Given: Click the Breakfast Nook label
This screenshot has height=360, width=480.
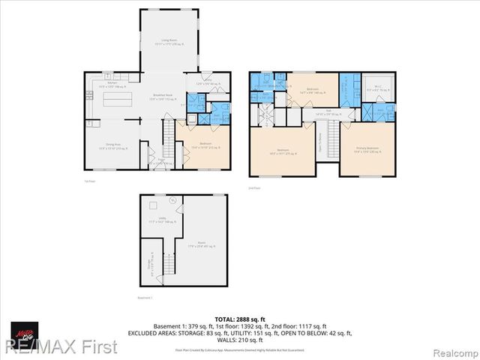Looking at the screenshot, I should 163,97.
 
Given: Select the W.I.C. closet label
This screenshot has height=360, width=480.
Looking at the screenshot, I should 375,89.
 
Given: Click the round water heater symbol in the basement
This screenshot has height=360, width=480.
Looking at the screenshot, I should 172,200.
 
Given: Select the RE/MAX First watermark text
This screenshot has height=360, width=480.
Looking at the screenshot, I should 59,347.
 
